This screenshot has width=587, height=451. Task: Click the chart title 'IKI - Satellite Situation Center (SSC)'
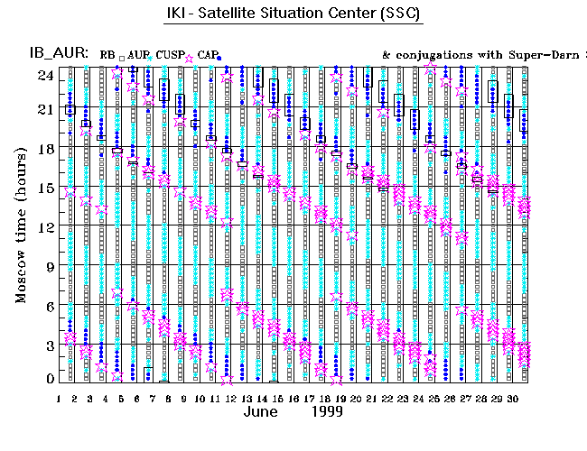[293, 16]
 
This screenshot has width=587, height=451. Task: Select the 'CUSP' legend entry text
[169, 55]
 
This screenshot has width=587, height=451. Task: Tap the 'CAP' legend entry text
[207, 55]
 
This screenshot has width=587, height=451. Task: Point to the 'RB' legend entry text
[107, 55]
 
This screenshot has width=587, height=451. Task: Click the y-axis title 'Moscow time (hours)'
[20, 224]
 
